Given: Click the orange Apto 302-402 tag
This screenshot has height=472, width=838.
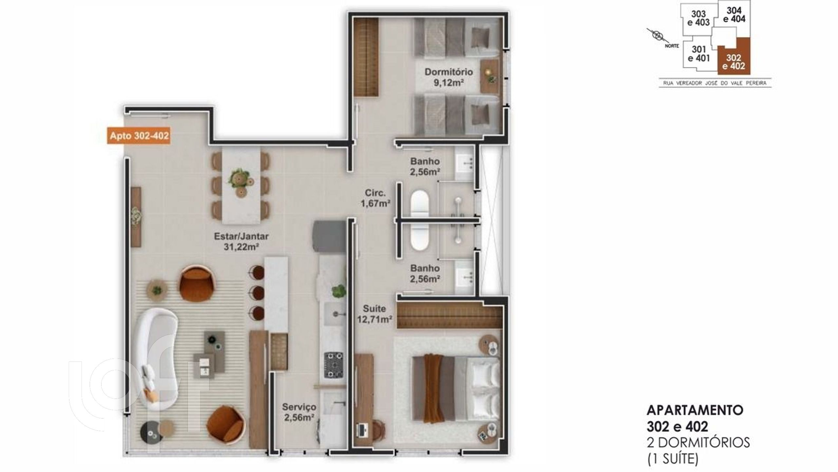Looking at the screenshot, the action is (139, 136).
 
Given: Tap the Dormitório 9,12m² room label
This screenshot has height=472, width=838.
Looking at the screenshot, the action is (448, 77).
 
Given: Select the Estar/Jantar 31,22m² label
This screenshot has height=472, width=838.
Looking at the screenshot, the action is (241, 241).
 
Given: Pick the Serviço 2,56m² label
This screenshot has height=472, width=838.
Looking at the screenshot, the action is (299, 412).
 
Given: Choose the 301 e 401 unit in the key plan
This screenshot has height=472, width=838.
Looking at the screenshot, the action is (699, 54).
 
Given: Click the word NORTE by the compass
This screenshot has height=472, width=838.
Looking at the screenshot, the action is (672, 46).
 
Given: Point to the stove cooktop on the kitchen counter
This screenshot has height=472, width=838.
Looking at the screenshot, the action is (333, 365).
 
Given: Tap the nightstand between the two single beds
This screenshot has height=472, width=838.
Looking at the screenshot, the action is (490, 77).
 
